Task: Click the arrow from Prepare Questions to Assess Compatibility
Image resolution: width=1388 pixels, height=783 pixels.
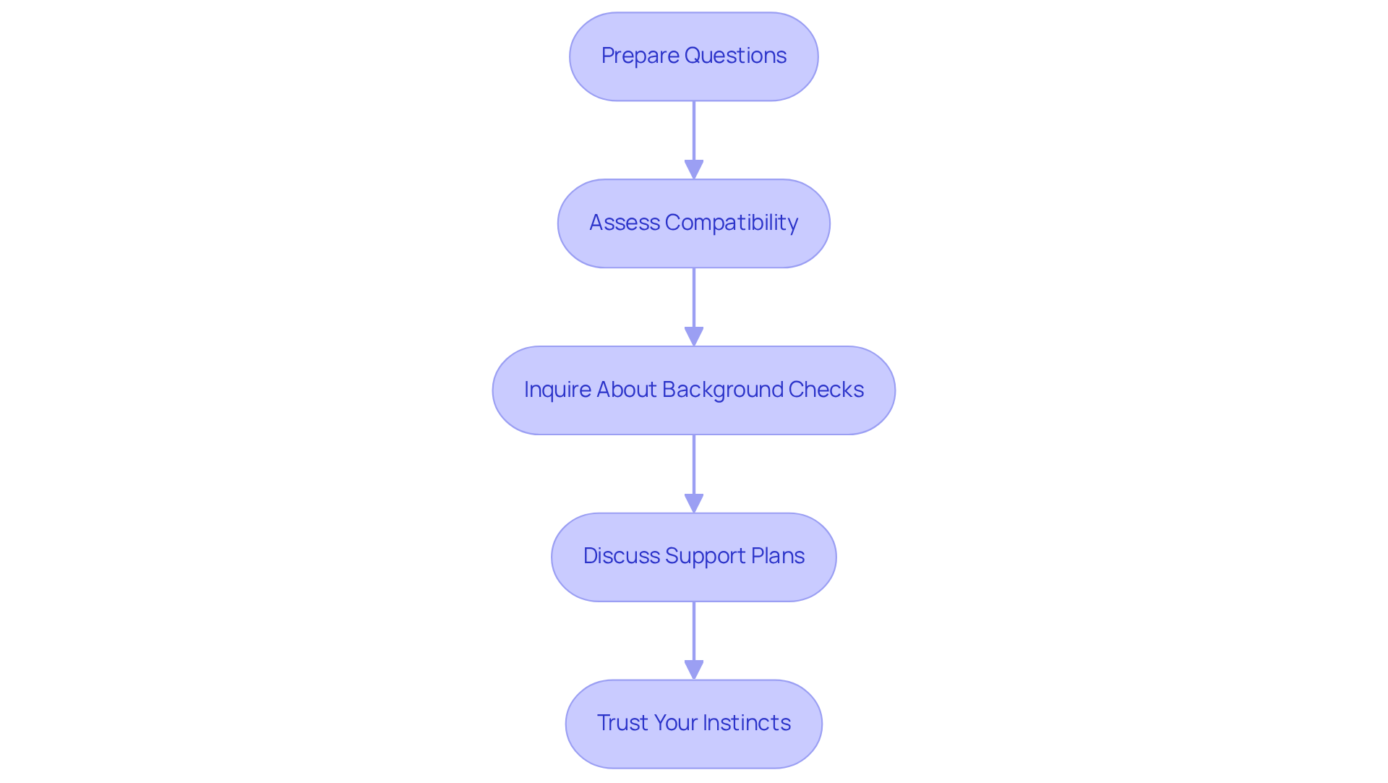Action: (693, 134)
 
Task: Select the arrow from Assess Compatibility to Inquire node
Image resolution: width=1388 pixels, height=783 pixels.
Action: (693, 300)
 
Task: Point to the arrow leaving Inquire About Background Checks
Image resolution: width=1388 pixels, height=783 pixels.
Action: (693, 466)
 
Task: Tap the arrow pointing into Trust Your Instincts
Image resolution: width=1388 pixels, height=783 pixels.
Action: (693, 633)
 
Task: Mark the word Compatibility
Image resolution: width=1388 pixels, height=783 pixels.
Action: (731, 223)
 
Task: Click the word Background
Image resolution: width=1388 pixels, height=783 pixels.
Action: (722, 390)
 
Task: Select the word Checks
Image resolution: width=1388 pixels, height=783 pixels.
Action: (826, 390)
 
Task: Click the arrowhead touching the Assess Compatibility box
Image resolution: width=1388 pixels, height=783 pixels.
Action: (693, 170)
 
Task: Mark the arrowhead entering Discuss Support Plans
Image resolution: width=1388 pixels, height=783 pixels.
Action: (693, 503)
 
